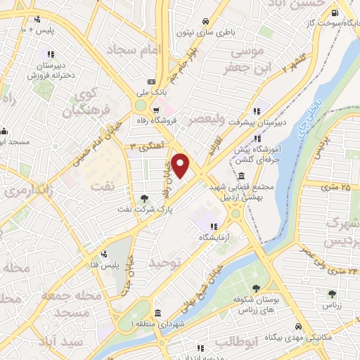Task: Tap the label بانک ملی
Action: click(x=151, y=91)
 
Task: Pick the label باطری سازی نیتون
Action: click(x=224, y=32)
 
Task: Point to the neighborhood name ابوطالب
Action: click(x=233, y=342)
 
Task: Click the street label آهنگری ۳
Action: click(x=146, y=145)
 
